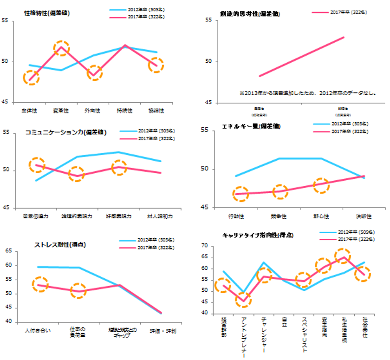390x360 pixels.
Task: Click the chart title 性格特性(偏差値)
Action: coord(47,13)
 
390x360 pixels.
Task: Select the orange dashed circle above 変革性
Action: coord(61,47)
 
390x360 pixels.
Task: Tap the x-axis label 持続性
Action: coord(124,111)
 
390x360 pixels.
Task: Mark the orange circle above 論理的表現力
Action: coord(77,175)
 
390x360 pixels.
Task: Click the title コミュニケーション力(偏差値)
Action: coord(66,132)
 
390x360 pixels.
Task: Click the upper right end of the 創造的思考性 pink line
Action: coord(344,37)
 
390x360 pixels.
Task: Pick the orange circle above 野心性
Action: coord(320,185)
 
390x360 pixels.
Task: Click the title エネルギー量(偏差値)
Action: coord(251,126)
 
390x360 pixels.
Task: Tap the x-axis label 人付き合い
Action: coord(40,330)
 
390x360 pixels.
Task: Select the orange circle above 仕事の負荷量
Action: coord(78,291)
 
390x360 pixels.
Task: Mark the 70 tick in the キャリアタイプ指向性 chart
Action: coord(204,245)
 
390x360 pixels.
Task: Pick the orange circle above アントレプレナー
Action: coord(243,300)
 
